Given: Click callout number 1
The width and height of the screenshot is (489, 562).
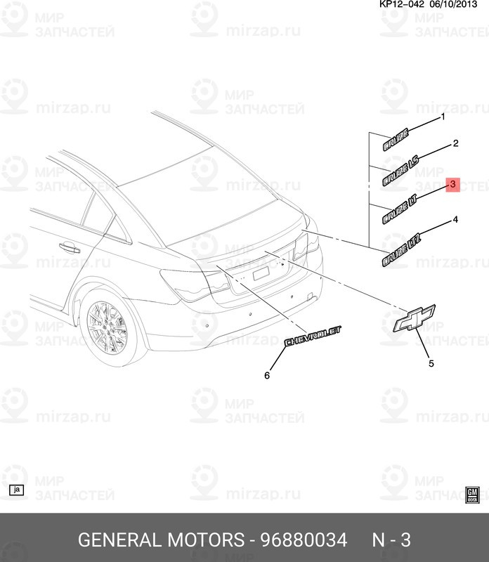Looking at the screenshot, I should coord(443,117).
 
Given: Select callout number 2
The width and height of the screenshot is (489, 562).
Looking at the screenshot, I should coord(455,143).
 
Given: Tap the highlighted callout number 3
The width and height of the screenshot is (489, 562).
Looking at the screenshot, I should coord(453,184).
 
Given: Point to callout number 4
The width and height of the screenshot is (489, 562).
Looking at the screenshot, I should coord(455,220).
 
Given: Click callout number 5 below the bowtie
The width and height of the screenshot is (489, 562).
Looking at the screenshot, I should coord(431,363).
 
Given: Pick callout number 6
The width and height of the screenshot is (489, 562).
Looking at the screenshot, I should coord(267,376).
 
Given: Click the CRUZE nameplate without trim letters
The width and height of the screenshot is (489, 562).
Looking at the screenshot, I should coord(395,143).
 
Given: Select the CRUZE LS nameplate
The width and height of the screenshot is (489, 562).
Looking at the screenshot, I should coord(400,174).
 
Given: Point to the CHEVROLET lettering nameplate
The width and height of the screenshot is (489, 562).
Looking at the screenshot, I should coord(313,336).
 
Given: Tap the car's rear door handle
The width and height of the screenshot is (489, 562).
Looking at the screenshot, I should coord(68,247).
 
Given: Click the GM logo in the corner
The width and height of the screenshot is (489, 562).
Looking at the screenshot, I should coord(473,494).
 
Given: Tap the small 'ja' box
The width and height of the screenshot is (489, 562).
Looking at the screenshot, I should coord(17,490).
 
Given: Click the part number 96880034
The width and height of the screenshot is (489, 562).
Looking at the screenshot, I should coord(304,540).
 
